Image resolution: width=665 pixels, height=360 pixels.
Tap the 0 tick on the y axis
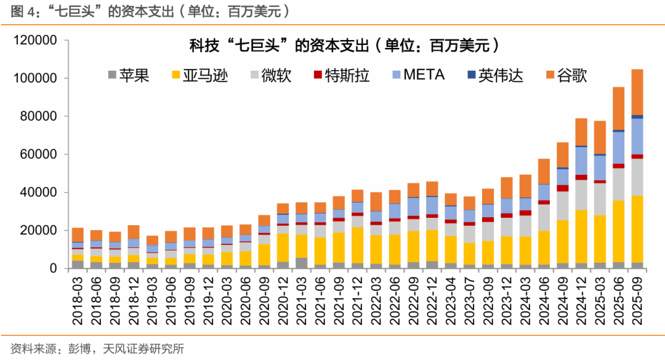pyautogui.click(x=53, y=268)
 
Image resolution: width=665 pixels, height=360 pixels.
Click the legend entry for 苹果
pyautogui.click(x=128, y=76)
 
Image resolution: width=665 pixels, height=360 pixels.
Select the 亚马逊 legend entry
pyautogui.click(x=198, y=76)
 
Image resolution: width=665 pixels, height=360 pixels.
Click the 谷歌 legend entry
pyautogui.click(x=565, y=76)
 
